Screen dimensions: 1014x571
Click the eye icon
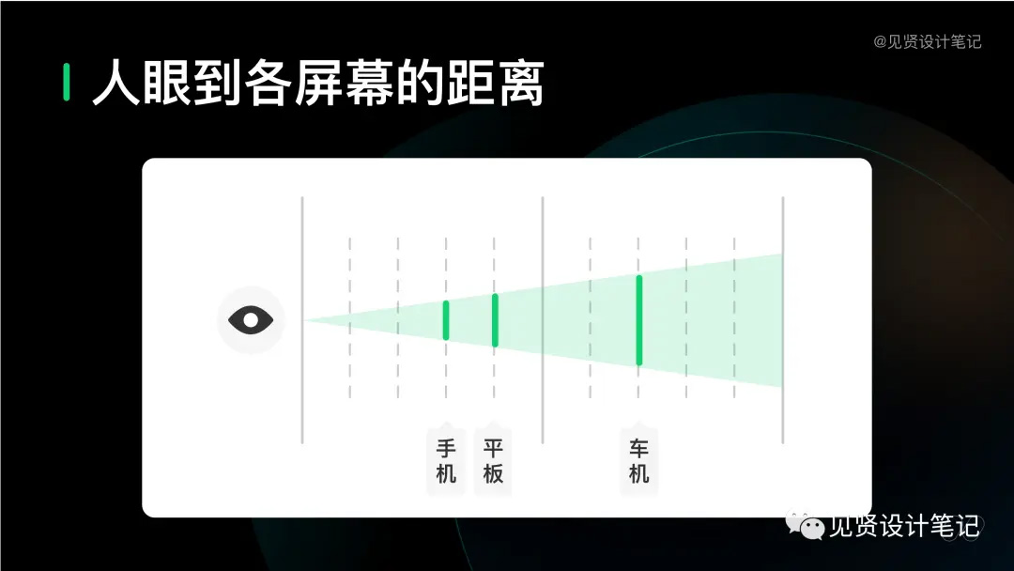pyautogui.click(x=251, y=320)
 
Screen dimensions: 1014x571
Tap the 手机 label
pyautogui.click(x=446, y=461)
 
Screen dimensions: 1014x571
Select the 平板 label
pyautogui.click(x=494, y=461)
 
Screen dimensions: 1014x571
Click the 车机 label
pyautogui.click(x=639, y=461)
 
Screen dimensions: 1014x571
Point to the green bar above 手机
pyautogui.click(x=446, y=320)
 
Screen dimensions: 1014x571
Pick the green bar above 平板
pyautogui.click(x=495, y=320)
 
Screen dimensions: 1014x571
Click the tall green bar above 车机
pyautogui.click(x=639, y=320)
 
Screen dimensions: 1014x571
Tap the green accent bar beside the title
pyautogui.click(x=67, y=82)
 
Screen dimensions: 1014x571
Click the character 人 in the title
pyautogui.click(x=116, y=83)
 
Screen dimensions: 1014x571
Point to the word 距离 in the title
pyautogui.click(x=495, y=83)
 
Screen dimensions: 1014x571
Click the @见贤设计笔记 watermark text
pyautogui.click(x=928, y=42)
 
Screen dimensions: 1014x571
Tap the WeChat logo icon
pyautogui.click(x=806, y=526)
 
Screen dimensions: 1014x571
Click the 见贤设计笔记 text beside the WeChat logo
pyautogui.click(x=904, y=526)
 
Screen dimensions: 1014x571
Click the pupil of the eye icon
pyautogui.click(x=251, y=320)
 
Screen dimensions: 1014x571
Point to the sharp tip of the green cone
pyautogui.click(x=304, y=320)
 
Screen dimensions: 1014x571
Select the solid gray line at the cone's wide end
pyautogui.click(x=782, y=320)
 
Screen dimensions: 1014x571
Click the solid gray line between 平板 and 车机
pyautogui.click(x=543, y=320)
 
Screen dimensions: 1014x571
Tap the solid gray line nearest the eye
pyautogui.click(x=302, y=320)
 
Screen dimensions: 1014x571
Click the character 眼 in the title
pyautogui.click(x=167, y=83)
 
